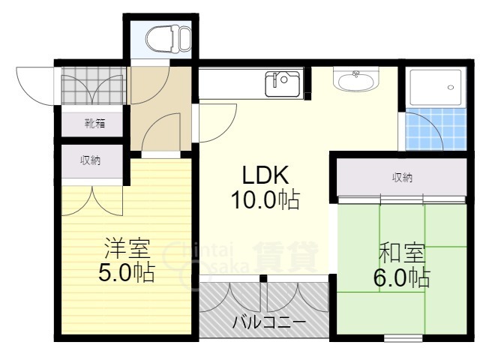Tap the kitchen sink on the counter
(283, 82)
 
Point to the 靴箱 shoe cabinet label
(94, 123)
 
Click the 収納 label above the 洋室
(91, 160)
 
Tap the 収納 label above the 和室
(402, 178)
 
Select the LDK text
(265, 175)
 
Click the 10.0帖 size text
(265, 200)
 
